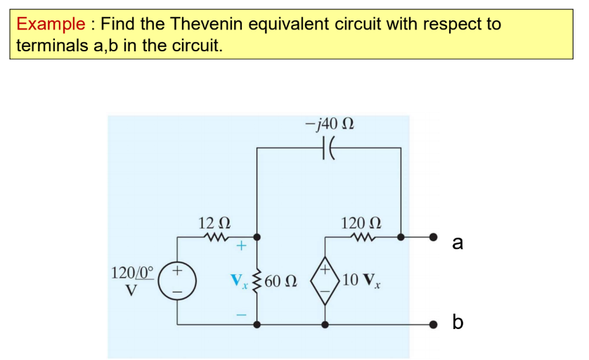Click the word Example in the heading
(51, 24)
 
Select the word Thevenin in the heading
(206, 24)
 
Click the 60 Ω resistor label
(282, 281)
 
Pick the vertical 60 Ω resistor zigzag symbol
(257, 281)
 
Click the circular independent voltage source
(176, 280)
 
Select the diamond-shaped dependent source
(325, 280)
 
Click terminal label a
(458, 243)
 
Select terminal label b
(458, 323)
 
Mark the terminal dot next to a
(434, 237)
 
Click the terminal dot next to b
(434, 324)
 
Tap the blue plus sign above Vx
(241, 247)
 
